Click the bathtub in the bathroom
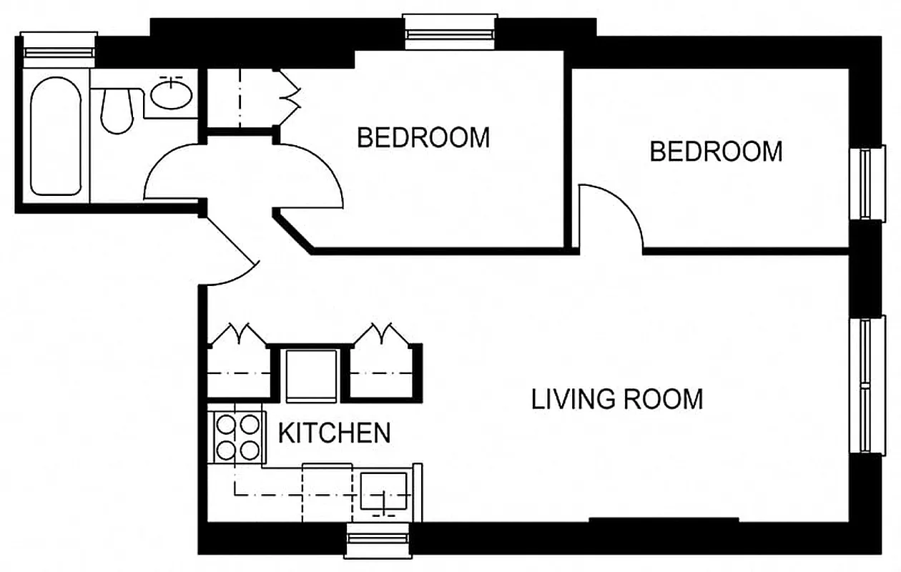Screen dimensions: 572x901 pyautogui.click(x=54, y=136)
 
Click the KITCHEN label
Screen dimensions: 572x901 pyautogui.click(x=334, y=433)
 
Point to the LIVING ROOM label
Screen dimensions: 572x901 pyautogui.click(x=616, y=398)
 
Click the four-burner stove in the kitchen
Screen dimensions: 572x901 pyautogui.click(x=237, y=438)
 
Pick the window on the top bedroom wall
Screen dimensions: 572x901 pyautogui.click(x=450, y=32)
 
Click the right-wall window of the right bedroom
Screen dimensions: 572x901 pyautogui.click(x=867, y=184)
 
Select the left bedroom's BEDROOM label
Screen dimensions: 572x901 pyautogui.click(x=423, y=137)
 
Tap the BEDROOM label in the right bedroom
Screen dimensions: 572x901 pyautogui.click(x=716, y=152)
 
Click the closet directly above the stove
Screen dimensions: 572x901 pyautogui.click(x=238, y=365)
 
